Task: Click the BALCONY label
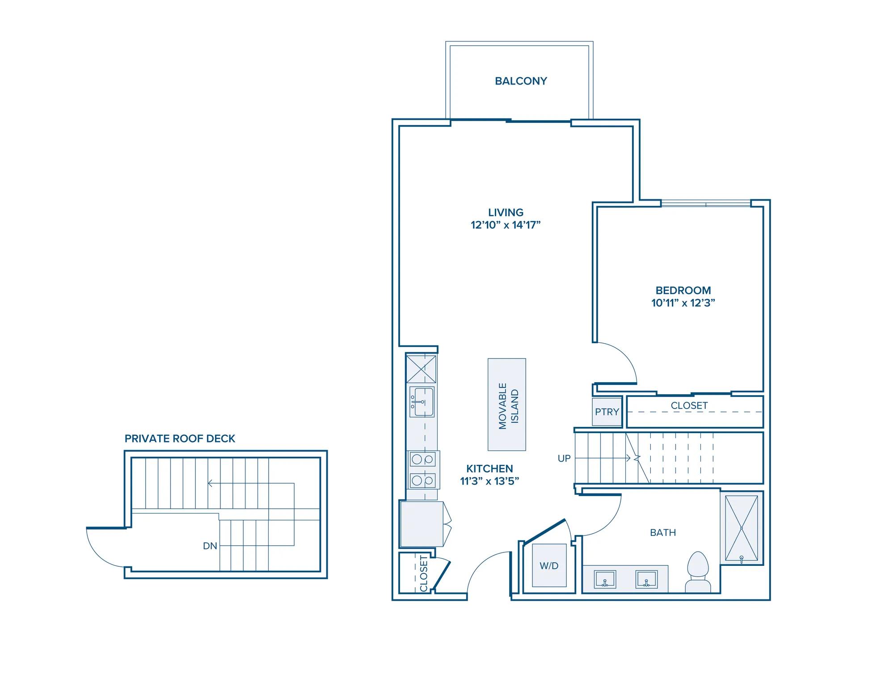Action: click(x=521, y=81)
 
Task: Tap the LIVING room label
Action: click(x=506, y=212)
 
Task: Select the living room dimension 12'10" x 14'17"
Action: click(x=506, y=225)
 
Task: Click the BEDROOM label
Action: click(x=683, y=290)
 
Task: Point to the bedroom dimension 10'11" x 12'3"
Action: click(x=683, y=303)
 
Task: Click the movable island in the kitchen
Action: click(x=507, y=404)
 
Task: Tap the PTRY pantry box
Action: click(x=607, y=411)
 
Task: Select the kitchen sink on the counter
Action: click(x=422, y=402)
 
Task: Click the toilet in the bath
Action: click(x=698, y=572)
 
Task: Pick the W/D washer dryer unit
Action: click(x=549, y=565)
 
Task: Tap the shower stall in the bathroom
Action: click(x=742, y=528)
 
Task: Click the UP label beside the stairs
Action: click(x=564, y=458)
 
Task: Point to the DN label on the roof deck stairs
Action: click(x=210, y=546)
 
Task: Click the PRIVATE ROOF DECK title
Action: click(x=180, y=438)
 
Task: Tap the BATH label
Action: click(x=663, y=532)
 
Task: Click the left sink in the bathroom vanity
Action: click(x=605, y=579)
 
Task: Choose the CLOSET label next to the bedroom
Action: click(x=689, y=405)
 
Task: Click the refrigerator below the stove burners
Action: click(x=422, y=524)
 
